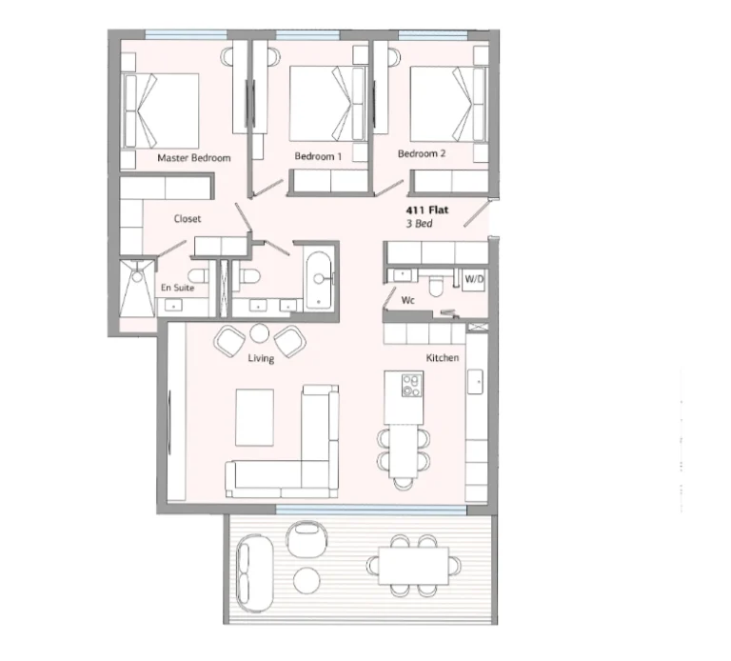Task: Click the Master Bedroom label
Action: click(x=194, y=158)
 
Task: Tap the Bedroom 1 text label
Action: click(x=318, y=156)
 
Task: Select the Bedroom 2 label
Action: click(x=422, y=153)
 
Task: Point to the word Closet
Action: click(x=188, y=218)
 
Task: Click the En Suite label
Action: click(x=177, y=288)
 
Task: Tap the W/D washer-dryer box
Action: click(x=474, y=280)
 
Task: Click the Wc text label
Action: click(x=408, y=300)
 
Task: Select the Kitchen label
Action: click(x=443, y=358)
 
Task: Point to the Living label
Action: click(x=261, y=358)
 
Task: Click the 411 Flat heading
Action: click(x=427, y=210)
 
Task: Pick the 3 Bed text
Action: click(x=419, y=224)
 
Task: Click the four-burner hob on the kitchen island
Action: click(x=412, y=385)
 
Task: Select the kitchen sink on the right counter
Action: click(x=475, y=381)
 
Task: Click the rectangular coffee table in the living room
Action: click(x=254, y=417)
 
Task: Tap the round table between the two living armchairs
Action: click(x=259, y=333)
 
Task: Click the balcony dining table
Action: click(x=413, y=566)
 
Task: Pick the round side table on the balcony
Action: click(x=306, y=580)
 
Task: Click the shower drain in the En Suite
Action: click(x=137, y=277)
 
